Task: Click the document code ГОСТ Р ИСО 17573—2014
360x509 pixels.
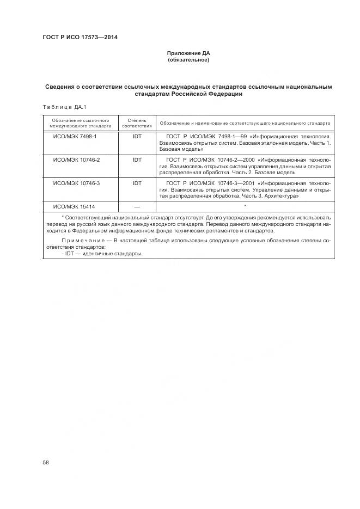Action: click(x=80, y=37)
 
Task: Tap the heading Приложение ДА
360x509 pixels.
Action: click(x=188, y=53)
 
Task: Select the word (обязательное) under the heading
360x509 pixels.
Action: click(x=188, y=59)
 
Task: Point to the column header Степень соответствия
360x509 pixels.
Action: click(x=137, y=122)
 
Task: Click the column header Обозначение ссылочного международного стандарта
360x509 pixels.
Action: click(x=77, y=122)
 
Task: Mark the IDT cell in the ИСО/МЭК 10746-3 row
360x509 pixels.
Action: click(x=137, y=183)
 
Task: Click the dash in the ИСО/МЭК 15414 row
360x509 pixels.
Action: click(x=137, y=206)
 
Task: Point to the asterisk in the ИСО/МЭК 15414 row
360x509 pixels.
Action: click(x=246, y=206)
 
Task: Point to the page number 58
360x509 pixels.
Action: click(x=46, y=462)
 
